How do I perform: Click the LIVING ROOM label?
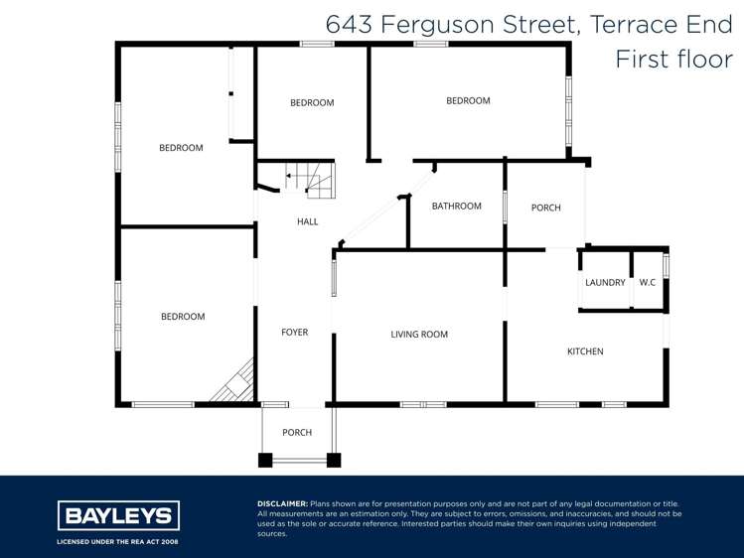coord(419,335)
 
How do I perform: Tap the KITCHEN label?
coord(585,351)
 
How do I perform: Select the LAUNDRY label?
coord(605,282)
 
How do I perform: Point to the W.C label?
coord(647,282)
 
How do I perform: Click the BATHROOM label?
coord(456,207)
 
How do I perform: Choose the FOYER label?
coord(294,333)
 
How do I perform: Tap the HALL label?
coord(308,221)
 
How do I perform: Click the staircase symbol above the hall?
coord(311,179)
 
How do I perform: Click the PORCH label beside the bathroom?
coord(545,208)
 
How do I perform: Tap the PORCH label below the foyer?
coord(297,433)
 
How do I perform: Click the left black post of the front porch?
coord(265,460)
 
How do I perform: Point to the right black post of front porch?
coord(334,460)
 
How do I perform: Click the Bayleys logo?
coord(118,516)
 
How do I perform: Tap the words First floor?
coord(673,59)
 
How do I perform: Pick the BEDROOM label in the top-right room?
coord(468,100)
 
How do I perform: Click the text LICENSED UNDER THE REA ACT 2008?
coord(118,543)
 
